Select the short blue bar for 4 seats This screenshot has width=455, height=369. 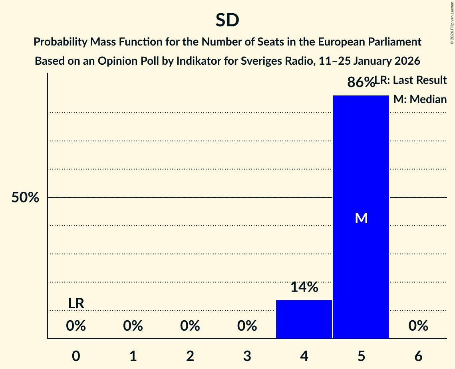304,319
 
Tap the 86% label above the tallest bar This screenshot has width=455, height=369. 361,82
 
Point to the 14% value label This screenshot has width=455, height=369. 304,287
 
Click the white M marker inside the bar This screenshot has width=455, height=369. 361,218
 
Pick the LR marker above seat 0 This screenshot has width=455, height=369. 76,304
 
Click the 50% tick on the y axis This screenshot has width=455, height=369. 25,197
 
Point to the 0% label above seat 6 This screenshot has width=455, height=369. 418,326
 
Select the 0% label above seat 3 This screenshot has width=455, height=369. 247,326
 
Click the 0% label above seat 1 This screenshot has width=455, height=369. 133,326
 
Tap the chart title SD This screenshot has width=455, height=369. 227,20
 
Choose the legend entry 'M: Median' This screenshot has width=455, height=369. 420,99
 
